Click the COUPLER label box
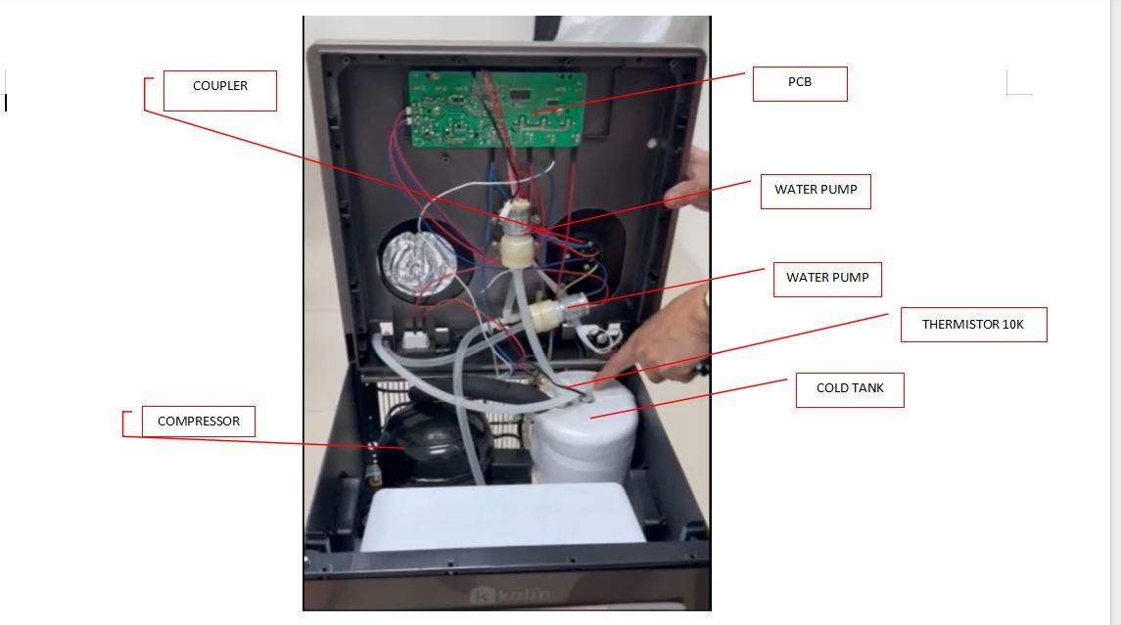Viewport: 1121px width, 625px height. (220, 91)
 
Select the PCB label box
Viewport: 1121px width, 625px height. (799, 84)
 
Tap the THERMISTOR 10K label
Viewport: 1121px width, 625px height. (972, 325)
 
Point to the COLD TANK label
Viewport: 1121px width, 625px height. (849, 389)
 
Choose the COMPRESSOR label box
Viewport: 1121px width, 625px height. (198, 422)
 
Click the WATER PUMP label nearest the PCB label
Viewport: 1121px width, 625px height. (815, 190)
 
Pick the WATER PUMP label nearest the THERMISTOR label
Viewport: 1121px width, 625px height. (827, 278)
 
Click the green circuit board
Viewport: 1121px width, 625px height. (496, 110)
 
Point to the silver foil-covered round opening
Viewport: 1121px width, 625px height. (418, 259)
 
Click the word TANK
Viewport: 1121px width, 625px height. (867, 388)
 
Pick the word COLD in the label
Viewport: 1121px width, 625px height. (832, 388)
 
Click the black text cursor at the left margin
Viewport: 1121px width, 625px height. (6, 102)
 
